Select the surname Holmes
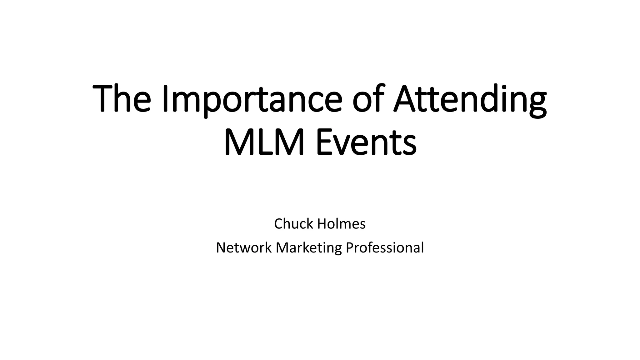pyautogui.click(x=342, y=224)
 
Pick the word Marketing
pyautogui.click(x=309, y=247)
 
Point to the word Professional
pyautogui.click(x=385, y=247)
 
